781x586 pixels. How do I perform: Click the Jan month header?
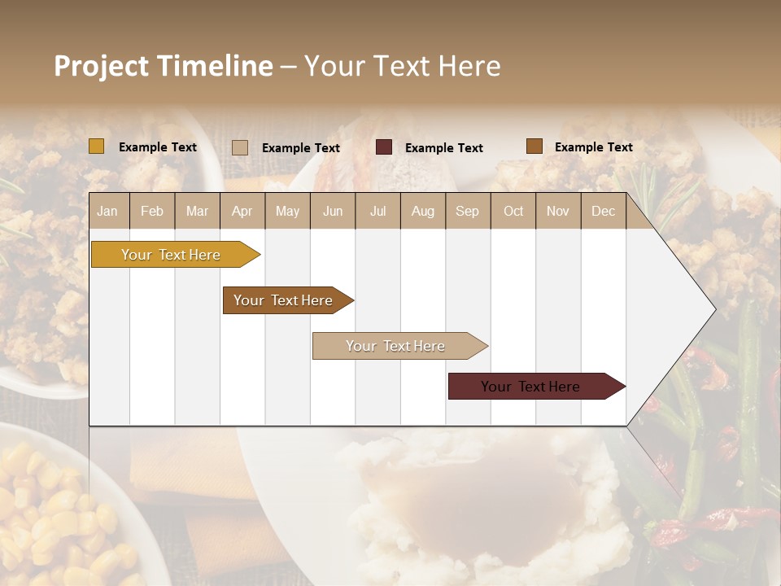[x=107, y=211]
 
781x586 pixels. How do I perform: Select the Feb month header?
[x=152, y=211]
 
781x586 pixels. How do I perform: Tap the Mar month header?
[x=197, y=211]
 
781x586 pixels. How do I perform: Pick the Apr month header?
[x=242, y=211]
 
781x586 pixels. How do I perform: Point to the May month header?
[x=287, y=211]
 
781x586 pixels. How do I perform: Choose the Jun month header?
[x=333, y=211]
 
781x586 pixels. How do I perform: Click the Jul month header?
[x=377, y=211]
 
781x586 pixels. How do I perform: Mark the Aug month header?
[x=423, y=211]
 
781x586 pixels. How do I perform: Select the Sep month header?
[x=468, y=211]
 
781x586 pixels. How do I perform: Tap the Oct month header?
[x=513, y=211]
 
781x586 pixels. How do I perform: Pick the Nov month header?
[x=558, y=211]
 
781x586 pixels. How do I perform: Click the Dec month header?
[x=604, y=211]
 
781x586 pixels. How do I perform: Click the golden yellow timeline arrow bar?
[x=172, y=255]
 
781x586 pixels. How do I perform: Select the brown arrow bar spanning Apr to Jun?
[x=284, y=300]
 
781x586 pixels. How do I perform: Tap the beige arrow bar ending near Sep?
[x=396, y=346]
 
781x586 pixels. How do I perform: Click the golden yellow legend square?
[x=97, y=146]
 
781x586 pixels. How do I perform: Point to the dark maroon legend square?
[x=384, y=147]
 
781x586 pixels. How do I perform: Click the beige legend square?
[x=240, y=147]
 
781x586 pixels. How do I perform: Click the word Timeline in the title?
[x=215, y=66]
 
